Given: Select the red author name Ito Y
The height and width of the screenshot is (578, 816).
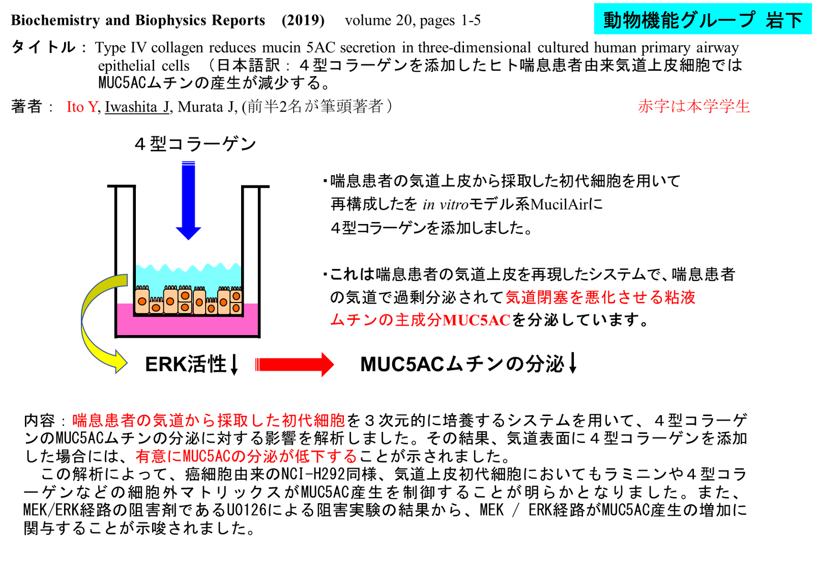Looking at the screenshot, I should (82, 106).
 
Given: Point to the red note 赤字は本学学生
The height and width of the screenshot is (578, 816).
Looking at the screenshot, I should (694, 106).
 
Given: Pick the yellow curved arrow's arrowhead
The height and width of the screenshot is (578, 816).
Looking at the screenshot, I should (121, 362).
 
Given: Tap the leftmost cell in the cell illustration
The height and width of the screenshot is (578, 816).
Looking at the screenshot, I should (142, 301).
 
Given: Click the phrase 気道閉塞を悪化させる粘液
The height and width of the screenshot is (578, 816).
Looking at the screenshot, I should (600, 297).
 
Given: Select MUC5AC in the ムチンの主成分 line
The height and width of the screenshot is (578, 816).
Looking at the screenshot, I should (476, 320).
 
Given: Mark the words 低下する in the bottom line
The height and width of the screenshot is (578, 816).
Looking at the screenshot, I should (326, 457).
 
